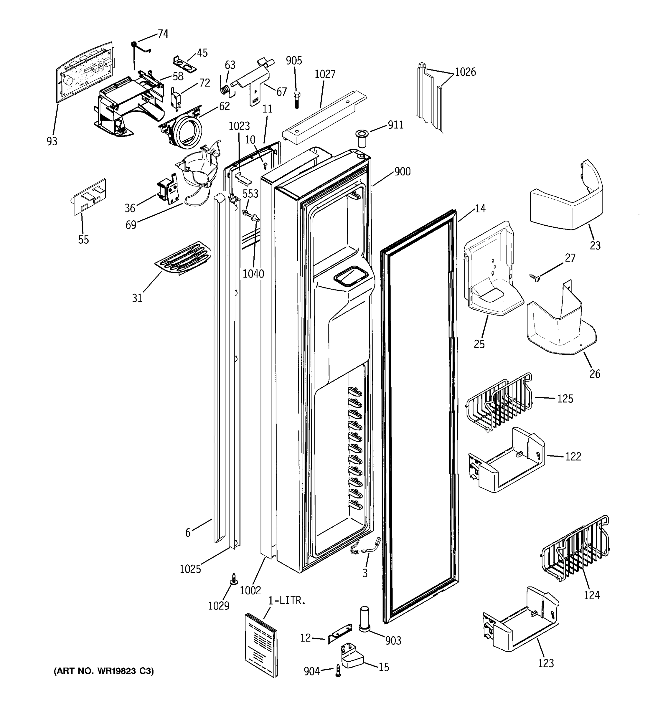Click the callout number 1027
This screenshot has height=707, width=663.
tap(325, 74)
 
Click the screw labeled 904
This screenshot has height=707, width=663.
tap(338, 671)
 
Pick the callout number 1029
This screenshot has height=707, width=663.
tap(219, 605)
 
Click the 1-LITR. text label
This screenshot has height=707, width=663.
tap(287, 601)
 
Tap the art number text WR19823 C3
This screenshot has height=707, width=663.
tap(103, 671)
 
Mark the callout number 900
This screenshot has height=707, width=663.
tap(402, 172)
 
